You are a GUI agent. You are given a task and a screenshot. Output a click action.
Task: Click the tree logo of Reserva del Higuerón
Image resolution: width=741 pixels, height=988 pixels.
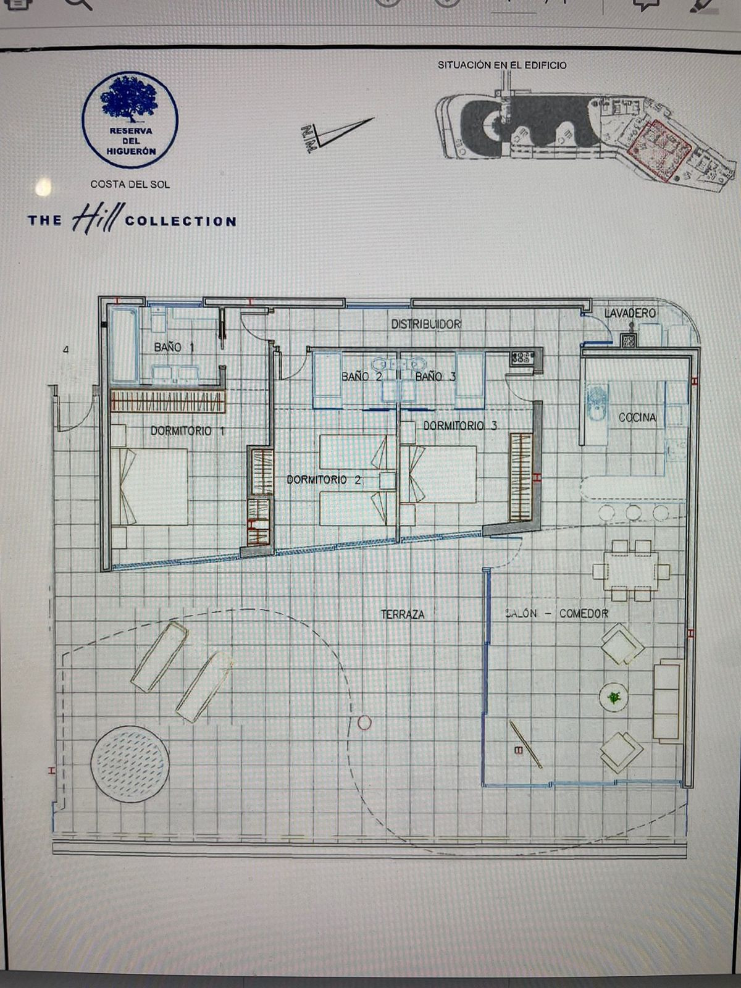pyautogui.click(x=130, y=99)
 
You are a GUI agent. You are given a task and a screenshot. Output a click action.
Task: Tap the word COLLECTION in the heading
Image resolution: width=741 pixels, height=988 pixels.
pyautogui.click(x=180, y=222)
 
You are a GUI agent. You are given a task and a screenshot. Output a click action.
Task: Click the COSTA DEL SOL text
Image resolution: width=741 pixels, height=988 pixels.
pyautogui.click(x=130, y=184)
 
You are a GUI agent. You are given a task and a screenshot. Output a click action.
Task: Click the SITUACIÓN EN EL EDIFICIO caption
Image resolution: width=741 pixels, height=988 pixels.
pyautogui.click(x=502, y=65)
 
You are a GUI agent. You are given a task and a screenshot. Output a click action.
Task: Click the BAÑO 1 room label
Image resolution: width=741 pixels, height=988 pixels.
pyautogui.click(x=174, y=348)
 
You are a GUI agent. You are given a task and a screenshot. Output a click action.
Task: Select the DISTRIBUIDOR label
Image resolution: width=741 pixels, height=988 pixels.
pyautogui.click(x=426, y=324)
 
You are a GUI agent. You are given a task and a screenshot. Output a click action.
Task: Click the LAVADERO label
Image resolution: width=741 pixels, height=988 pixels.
pyautogui.click(x=629, y=313)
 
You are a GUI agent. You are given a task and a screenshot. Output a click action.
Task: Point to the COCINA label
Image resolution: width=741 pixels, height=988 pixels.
pyautogui.click(x=637, y=418)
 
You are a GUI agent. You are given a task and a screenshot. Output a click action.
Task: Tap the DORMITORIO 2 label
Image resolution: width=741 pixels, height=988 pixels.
pyautogui.click(x=324, y=480)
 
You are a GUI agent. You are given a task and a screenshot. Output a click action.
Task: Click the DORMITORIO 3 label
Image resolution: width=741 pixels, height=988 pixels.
pyautogui.click(x=460, y=425)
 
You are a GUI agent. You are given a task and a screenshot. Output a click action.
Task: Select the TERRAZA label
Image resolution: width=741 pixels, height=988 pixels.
pyautogui.click(x=403, y=614)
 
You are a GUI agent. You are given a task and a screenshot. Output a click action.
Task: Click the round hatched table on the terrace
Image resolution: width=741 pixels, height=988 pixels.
pyautogui.click(x=130, y=763)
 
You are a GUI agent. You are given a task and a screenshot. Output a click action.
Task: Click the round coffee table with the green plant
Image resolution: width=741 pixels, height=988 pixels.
pyautogui.click(x=614, y=698)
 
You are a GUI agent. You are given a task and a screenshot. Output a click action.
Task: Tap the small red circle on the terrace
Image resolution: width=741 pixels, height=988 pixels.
pyautogui.click(x=364, y=722)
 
